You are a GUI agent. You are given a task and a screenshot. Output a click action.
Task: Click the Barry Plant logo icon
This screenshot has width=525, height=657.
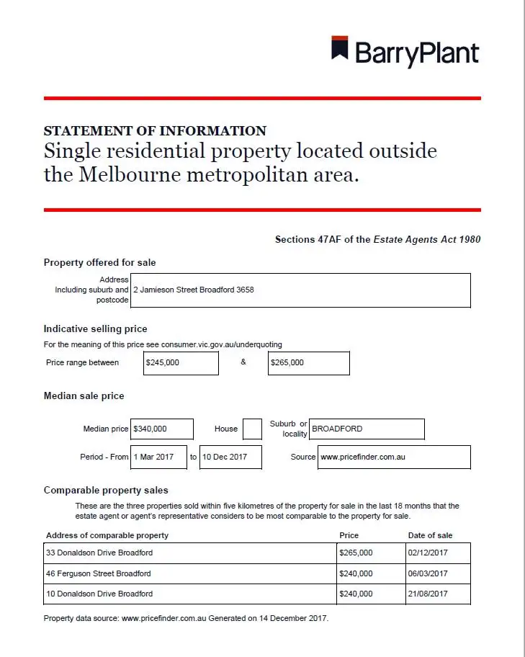click(x=340, y=48)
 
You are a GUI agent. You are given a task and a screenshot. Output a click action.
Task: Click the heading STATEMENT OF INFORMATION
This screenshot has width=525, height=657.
click(x=155, y=131)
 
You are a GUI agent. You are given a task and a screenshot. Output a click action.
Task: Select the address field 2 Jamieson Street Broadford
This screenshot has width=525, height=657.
click(x=301, y=290)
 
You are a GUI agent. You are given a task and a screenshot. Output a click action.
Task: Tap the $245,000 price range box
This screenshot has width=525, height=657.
click(x=181, y=363)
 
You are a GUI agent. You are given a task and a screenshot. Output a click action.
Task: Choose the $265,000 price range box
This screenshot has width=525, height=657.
click(x=309, y=363)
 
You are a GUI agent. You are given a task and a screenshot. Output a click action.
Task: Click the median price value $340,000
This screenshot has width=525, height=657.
click(x=162, y=429)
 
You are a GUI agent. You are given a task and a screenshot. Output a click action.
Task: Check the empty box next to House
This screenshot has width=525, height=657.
click(x=252, y=429)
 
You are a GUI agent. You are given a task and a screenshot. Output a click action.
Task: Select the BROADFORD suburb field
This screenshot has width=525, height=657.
click(x=367, y=429)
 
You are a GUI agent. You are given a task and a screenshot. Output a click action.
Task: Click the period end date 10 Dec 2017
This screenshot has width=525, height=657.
click(x=230, y=457)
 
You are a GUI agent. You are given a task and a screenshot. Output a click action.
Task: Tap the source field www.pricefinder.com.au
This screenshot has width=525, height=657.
click(x=394, y=457)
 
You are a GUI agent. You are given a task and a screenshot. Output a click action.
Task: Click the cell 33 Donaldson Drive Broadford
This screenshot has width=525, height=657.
click(x=190, y=553)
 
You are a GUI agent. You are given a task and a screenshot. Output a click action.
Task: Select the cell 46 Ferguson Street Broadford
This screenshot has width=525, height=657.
click(x=190, y=573)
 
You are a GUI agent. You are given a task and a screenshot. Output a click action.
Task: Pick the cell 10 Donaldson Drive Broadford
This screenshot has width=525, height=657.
click(x=190, y=594)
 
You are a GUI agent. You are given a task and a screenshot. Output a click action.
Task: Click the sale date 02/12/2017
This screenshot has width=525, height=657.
click(x=438, y=553)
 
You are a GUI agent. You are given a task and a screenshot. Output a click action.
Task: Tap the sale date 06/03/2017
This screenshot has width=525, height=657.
click(x=438, y=573)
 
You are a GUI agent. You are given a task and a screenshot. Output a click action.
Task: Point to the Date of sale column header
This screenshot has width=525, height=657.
click(x=430, y=535)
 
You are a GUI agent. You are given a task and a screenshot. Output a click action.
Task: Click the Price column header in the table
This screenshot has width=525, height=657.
click(x=349, y=535)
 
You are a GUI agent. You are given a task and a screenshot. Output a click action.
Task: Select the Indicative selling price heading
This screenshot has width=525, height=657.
click(x=95, y=329)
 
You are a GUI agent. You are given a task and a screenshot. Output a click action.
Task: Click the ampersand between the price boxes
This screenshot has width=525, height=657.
click(x=243, y=362)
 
